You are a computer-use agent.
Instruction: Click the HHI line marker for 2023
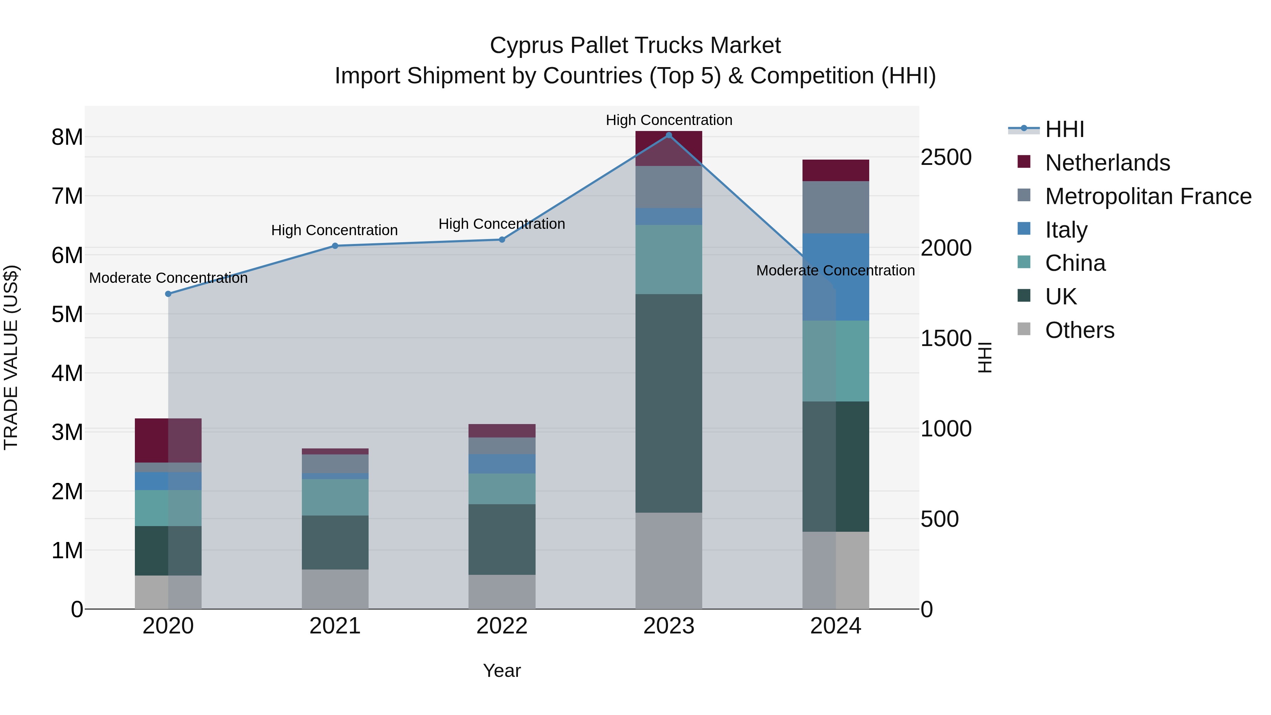(669, 135)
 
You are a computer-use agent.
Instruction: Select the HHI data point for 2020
(168, 294)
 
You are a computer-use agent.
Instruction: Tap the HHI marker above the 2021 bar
(335, 246)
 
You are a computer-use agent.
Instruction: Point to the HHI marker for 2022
(502, 240)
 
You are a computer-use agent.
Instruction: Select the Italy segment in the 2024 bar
(852, 277)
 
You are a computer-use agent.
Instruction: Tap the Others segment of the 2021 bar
(335, 589)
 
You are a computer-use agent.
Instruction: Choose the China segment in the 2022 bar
(502, 489)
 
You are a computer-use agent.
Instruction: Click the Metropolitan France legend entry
(1148, 196)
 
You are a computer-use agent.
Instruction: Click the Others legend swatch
(1024, 329)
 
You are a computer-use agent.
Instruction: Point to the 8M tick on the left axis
(67, 137)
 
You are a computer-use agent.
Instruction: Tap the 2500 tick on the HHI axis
(946, 157)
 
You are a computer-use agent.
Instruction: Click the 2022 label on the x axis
(502, 626)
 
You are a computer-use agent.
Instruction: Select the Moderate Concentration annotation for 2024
(835, 270)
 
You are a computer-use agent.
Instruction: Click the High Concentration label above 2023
(669, 120)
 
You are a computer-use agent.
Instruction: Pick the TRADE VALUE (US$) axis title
(11, 357)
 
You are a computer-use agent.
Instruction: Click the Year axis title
(502, 671)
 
